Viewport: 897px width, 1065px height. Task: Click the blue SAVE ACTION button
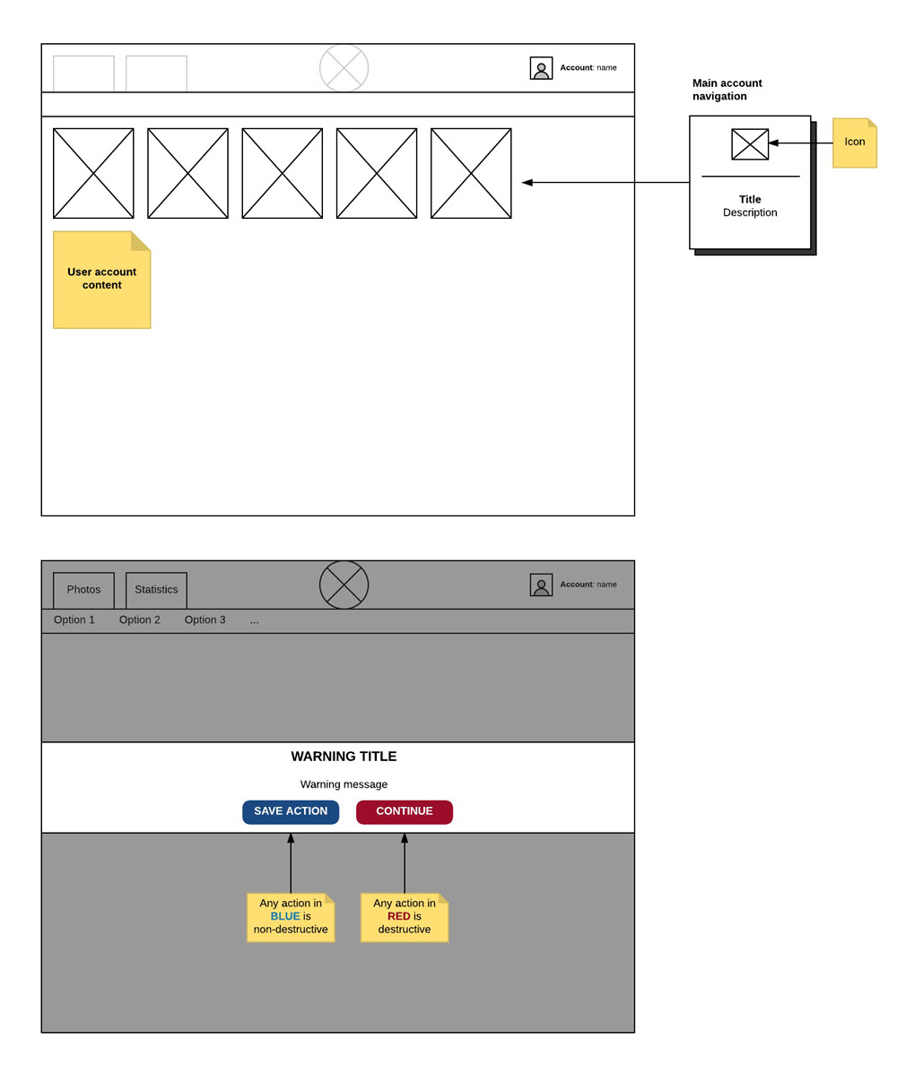click(x=291, y=812)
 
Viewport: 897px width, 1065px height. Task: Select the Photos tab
click(x=83, y=590)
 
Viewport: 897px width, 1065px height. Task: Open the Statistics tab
click(x=156, y=590)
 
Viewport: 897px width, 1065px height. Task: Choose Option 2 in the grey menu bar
click(x=140, y=620)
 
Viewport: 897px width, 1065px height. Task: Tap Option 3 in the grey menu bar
click(x=205, y=620)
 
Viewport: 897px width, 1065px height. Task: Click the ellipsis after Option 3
click(x=255, y=620)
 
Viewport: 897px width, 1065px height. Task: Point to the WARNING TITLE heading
click(x=344, y=757)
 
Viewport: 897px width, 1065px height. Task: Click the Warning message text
click(x=344, y=784)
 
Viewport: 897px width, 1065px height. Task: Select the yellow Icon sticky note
click(x=854, y=143)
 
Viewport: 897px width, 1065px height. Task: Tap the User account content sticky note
click(x=101, y=280)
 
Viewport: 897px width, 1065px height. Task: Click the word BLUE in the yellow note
click(x=285, y=916)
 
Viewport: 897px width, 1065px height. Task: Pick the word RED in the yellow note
click(x=399, y=916)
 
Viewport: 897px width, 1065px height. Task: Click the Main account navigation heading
click(x=727, y=90)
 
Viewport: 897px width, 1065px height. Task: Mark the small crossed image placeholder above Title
click(x=750, y=144)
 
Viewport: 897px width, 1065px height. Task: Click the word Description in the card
click(x=750, y=213)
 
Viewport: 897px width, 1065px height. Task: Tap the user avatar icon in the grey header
click(x=541, y=584)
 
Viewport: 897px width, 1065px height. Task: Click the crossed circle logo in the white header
click(x=344, y=68)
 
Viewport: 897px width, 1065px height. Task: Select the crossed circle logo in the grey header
click(x=344, y=584)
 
